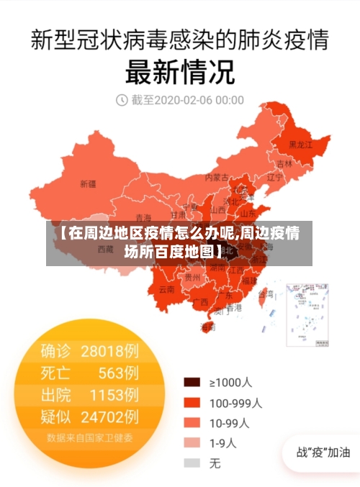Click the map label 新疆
click(x=88, y=184)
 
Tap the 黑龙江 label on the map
click(x=300, y=145)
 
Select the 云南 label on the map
click(x=166, y=289)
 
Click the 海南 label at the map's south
click(x=207, y=327)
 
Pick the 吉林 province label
click(x=285, y=163)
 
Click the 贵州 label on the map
click(x=192, y=276)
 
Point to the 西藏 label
click(x=105, y=250)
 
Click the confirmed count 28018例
click(x=110, y=351)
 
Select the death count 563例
click(x=119, y=373)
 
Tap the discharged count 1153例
click(x=114, y=395)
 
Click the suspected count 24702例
click(x=110, y=417)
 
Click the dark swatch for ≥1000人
click(x=192, y=382)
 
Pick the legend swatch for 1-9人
click(x=192, y=443)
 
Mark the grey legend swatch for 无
click(x=192, y=463)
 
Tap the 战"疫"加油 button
click(x=323, y=452)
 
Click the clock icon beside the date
click(x=122, y=100)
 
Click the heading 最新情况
click(x=180, y=71)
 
